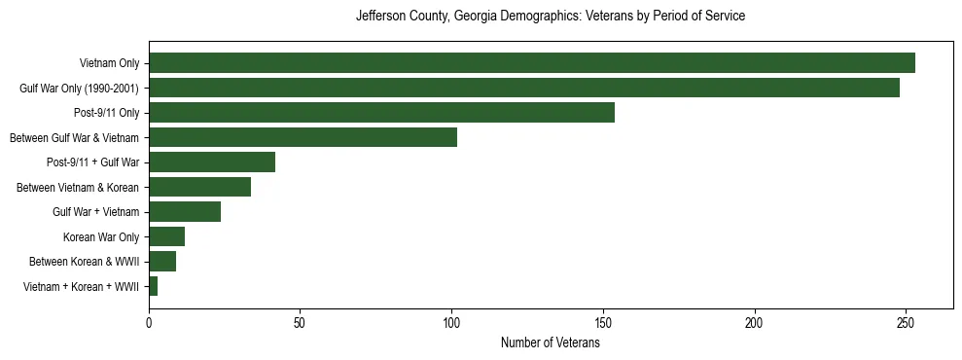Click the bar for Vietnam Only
tap(531, 63)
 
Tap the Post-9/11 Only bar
tap(381, 113)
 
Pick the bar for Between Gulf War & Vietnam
tap(303, 137)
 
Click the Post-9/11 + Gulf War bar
tap(212, 162)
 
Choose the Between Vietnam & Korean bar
tap(199, 187)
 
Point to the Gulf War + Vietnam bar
tap(185, 212)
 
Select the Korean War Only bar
tap(166, 236)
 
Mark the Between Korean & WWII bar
tap(162, 262)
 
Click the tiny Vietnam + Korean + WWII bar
tap(153, 286)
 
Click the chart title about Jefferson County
tap(551, 17)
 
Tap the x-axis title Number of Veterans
tap(550, 343)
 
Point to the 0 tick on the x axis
tap(149, 322)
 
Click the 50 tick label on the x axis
tap(301, 322)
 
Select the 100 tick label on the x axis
tap(451, 322)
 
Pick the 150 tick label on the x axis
tap(603, 322)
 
